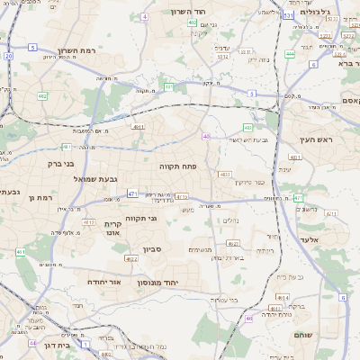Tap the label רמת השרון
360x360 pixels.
click(x=75, y=50)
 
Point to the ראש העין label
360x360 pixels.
click(x=318, y=139)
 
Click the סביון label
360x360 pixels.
click(x=150, y=248)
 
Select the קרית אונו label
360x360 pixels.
click(x=113, y=228)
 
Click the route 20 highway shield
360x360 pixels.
click(x=9, y=56)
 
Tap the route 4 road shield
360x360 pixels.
click(x=146, y=16)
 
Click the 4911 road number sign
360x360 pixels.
click(x=138, y=128)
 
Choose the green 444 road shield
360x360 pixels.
click(x=290, y=54)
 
